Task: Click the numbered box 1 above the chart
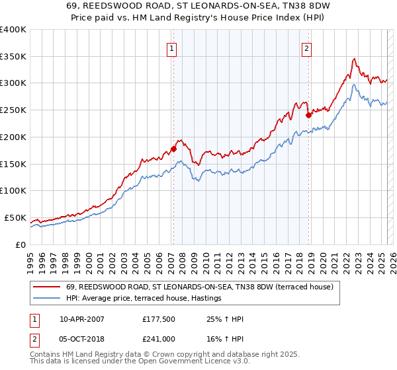pos(172,48)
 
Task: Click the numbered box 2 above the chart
pos(308,48)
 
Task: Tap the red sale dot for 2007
pos(173,149)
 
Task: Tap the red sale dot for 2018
pos(308,114)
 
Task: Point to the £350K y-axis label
pos(13,57)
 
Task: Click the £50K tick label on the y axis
pos(15,218)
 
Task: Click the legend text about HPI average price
pos(143,299)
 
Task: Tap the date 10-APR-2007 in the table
pos(82,319)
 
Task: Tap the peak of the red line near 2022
pos(355,59)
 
